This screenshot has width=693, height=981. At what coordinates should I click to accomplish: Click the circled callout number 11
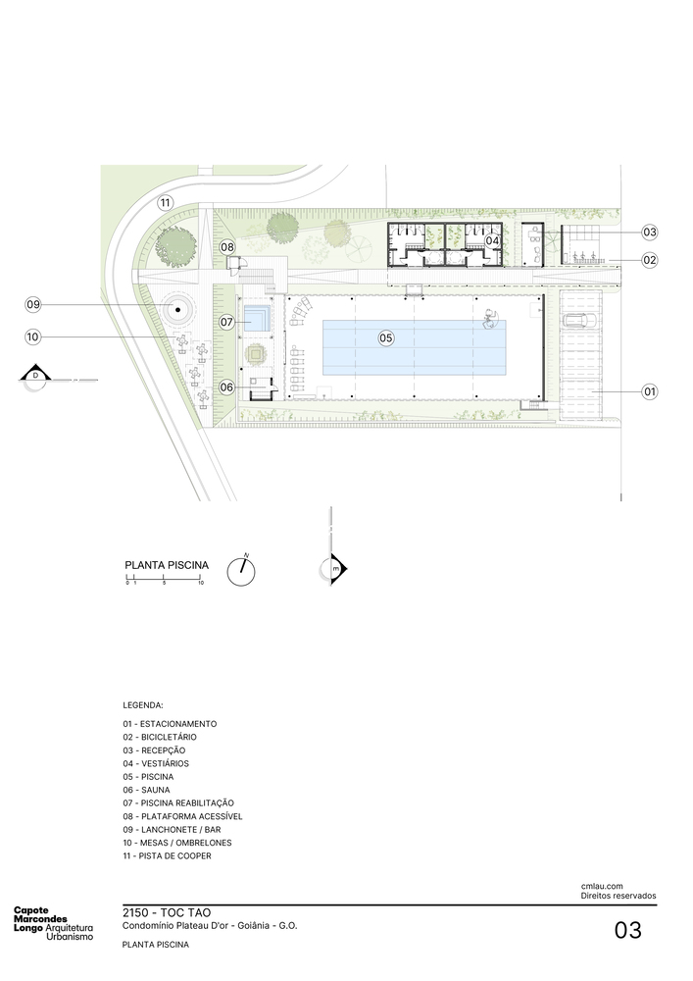pyautogui.click(x=165, y=203)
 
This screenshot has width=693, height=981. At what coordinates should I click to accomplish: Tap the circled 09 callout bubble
pyautogui.click(x=32, y=305)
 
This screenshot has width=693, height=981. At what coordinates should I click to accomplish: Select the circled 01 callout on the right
pyautogui.click(x=650, y=391)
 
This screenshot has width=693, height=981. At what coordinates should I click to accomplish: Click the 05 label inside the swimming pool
pyautogui.click(x=386, y=338)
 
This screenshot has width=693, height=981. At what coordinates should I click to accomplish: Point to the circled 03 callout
pyautogui.click(x=650, y=232)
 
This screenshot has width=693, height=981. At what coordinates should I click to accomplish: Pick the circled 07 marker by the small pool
pyautogui.click(x=226, y=322)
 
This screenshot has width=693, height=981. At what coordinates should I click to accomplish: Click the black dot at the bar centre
pyautogui.click(x=178, y=310)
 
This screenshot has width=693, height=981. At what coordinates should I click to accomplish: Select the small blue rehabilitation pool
pyautogui.click(x=256, y=319)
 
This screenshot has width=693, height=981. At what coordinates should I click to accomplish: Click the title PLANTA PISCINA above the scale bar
pyautogui.click(x=167, y=565)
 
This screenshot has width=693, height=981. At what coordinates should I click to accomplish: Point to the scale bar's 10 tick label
pyautogui.click(x=201, y=583)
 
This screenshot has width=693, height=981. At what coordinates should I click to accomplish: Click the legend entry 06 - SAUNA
pyautogui.click(x=146, y=790)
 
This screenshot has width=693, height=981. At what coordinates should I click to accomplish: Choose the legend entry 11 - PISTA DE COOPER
pyautogui.click(x=167, y=855)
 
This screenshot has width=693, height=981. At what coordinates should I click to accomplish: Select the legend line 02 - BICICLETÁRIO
pyautogui.click(x=160, y=737)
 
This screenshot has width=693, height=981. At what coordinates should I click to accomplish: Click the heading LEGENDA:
pyautogui.click(x=143, y=705)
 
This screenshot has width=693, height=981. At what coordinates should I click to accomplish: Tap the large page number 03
pyautogui.click(x=628, y=930)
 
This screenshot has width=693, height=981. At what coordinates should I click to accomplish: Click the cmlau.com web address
pyautogui.click(x=602, y=886)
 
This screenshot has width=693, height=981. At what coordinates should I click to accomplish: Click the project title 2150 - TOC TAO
pyautogui.click(x=168, y=912)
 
